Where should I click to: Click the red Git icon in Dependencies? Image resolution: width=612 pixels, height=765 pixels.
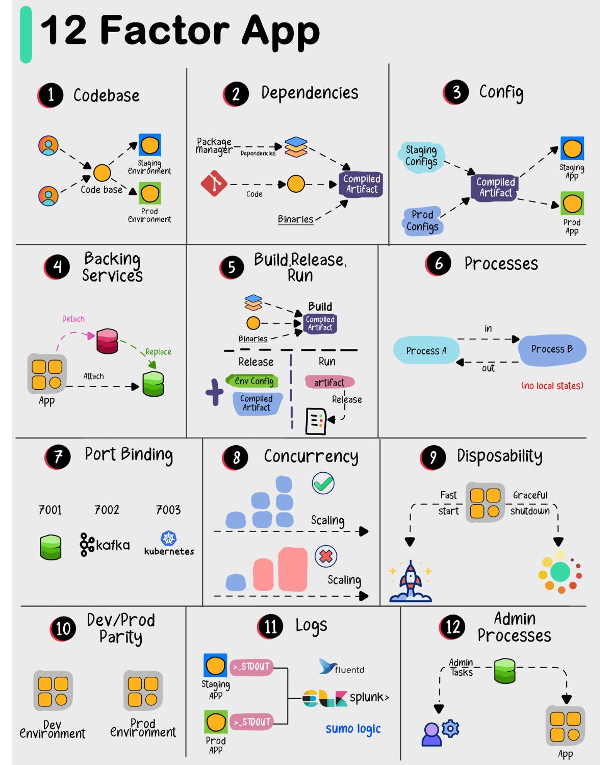click(x=214, y=184)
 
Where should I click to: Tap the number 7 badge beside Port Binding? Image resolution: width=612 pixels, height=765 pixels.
click(x=58, y=457)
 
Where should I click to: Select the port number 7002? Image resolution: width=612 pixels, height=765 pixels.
click(x=107, y=510)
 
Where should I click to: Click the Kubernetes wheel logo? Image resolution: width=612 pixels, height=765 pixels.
click(x=169, y=538)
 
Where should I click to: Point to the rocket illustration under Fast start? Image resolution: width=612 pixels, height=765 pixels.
click(x=411, y=581)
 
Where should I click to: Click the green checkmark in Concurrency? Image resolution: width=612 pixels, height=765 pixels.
click(x=323, y=483)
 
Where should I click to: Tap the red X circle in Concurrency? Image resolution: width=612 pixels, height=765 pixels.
click(x=326, y=556)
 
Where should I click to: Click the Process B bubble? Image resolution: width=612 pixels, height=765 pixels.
click(x=552, y=350)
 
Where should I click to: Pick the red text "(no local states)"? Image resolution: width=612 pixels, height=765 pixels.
click(x=552, y=386)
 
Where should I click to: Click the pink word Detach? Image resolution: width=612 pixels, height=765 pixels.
click(x=73, y=319)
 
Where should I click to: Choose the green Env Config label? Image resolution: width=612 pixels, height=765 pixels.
click(x=253, y=381)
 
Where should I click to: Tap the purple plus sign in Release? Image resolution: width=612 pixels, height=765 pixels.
click(x=214, y=392)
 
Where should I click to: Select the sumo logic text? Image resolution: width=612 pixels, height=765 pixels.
click(x=353, y=729)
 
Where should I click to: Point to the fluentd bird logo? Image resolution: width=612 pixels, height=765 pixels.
click(x=327, y=666)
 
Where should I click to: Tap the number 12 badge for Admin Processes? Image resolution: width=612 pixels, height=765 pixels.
click(x=452, y=627)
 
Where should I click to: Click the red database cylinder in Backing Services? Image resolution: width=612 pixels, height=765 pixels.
click(x=107, y=341)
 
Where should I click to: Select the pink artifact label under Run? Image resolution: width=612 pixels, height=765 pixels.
click(x=329, y=382)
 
